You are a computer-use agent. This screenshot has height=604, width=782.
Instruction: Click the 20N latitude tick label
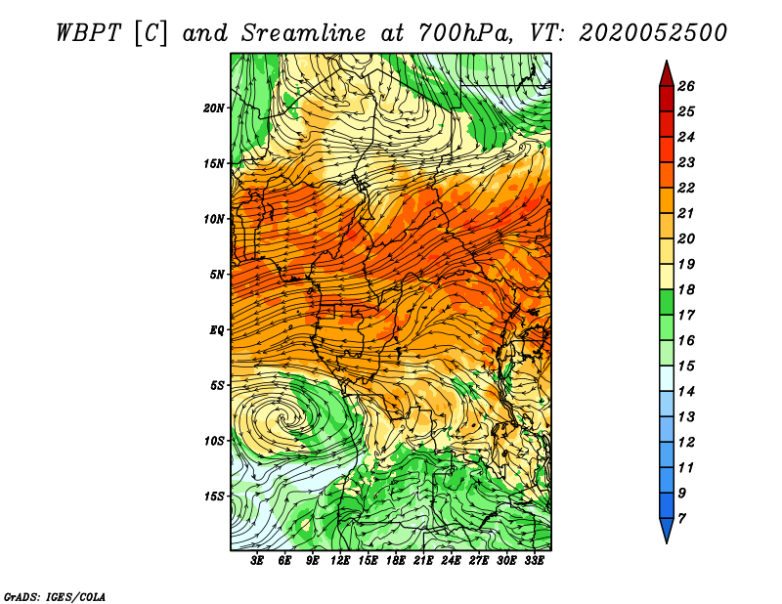pyautogui.click(x=214, y=108)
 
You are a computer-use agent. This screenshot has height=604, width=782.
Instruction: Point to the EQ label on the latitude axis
pyautogui.click(x=217, y=330)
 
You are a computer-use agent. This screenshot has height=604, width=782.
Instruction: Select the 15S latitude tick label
pyautogui.click(x=214, y=496)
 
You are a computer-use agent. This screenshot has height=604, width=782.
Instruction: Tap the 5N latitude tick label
pyautogui.click(x=217, y=275)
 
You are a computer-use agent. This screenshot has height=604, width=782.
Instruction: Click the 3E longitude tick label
pyautogui.click(x=257, y=561)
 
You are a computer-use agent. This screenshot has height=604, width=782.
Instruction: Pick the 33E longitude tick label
pyautogui.click(x=534, y=561)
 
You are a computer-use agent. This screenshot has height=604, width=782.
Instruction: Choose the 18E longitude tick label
pyautogui.click(x=396, y=561)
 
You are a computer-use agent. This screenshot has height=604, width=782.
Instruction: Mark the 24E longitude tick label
pyautogui.click(x=451, y=561)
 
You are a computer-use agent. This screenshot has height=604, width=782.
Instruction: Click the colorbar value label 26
pyautogui.click(x=686, y=86)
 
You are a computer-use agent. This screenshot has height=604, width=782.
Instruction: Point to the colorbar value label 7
pyautogui.click(x=681, y=519)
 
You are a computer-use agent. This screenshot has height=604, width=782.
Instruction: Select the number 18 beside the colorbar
pyautogui.click(x=686, y=289)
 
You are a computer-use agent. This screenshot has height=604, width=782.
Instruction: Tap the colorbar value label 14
pyautogui.click(x=686, y=392)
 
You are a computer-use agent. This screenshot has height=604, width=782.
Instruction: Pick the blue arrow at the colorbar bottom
pyautogui.click(x=667, y=530)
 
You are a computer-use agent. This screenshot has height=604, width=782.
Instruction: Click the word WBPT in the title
pyautogui.click(x=88, y=33)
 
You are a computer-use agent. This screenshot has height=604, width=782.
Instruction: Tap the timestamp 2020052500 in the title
pyautogui.click(x=653, y=33)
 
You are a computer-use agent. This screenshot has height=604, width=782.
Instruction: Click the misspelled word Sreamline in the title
pyautogui.click(x=304, y=33)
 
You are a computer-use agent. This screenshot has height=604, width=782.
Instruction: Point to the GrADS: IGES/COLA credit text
pyautogui.click(x=55, y=596)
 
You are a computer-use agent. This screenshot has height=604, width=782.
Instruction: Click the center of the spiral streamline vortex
pyautogui.click(x=282, y=419)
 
